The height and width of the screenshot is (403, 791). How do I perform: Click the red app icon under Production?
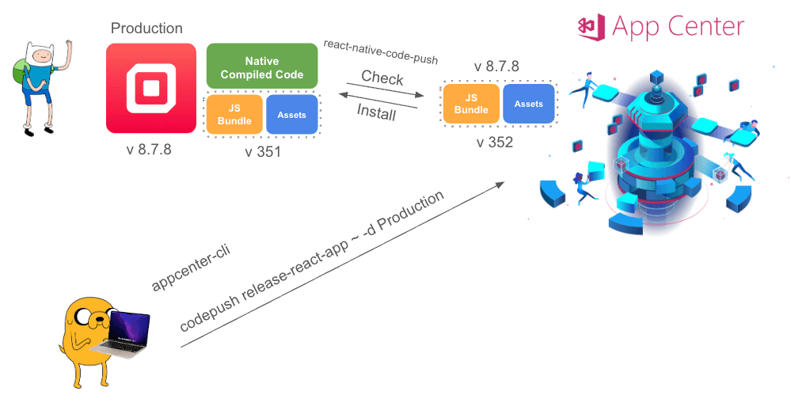pyautogui.click(x=150, y=88)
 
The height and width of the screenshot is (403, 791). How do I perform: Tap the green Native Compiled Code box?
pyautogui.click(x=261, y=66)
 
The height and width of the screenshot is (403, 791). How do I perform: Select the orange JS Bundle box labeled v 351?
pyautogui.click(x=234, y=115)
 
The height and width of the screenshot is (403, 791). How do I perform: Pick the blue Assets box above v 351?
pyautogui.click(x=292, y=115)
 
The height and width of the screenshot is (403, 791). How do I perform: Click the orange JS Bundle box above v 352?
pyautogui.click(x=471, y=104)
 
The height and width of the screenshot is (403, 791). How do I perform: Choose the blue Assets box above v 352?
pyautogui.click(x=529, y=104)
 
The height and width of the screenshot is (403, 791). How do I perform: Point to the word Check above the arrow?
pyautogui.click(x=382, y=78)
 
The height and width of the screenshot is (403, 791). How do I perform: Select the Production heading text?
pyautogui.click(x=146, y=29)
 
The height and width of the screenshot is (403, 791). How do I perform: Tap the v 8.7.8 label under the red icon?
pyautogui.click(x=149, y=150)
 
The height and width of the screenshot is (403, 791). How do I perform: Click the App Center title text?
pyautogui.click(x=679, y=26)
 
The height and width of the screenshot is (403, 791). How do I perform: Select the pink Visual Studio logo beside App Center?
pyautogui.click(x=591, y=26)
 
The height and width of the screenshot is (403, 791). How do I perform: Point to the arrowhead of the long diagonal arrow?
pyautogui.click(x=500, y=184)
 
